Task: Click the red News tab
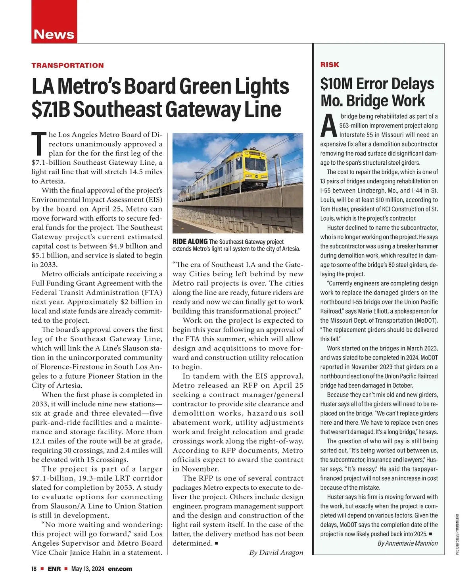click(x=54, y=34)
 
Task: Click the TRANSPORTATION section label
click(x=67, y=65)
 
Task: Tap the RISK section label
click(x=330, y=65)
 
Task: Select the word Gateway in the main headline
click(x=202, y=110)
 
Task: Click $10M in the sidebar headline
click(x=336, y=84)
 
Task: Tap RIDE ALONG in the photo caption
click(x=190, y=242)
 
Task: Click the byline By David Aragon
click(x=276, y=552)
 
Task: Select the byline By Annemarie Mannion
click(x=407, y=543)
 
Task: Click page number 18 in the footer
click(x=34, y=569)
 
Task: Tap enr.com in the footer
click(x=120, y=569)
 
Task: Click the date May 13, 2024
click(x=88, y=569)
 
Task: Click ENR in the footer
click(x=54, y=569)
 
